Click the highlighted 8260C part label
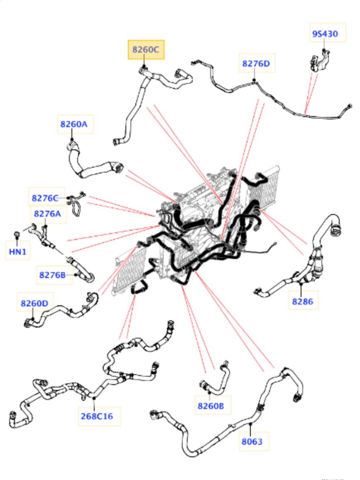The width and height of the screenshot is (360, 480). click(145, 50)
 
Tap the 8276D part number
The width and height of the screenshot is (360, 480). click(256, 63)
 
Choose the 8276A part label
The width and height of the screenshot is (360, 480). click(47, 214)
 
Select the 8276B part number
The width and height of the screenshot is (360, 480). click(55, 275)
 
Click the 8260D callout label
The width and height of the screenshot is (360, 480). click(34, 303)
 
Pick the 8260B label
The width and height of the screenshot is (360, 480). click(211, 406)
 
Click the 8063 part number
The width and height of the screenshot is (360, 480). click(252, 441)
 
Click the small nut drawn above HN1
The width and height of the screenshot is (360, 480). click(17, 235)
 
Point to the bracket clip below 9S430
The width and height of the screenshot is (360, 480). click(318, 60)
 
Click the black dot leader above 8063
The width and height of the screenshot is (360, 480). click(251, 424)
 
